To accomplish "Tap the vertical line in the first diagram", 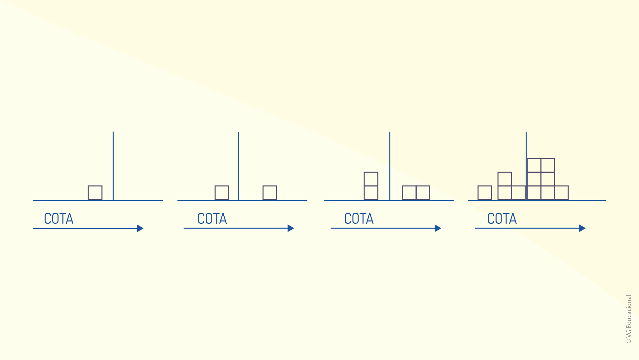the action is point(113,166).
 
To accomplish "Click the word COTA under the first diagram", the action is point(59,219).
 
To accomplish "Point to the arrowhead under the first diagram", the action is point(140,228).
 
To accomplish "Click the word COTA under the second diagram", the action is point(212,219).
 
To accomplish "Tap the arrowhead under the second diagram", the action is point(291,228).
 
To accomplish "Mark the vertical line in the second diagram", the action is point(239,166).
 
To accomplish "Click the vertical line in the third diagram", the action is point(390,166).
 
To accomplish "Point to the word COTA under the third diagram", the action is point(359,219).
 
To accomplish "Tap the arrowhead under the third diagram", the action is point(438,228).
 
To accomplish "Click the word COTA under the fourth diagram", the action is point(502,219).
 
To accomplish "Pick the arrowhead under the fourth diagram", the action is point(582,228).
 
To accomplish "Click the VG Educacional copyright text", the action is point(629,319).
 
